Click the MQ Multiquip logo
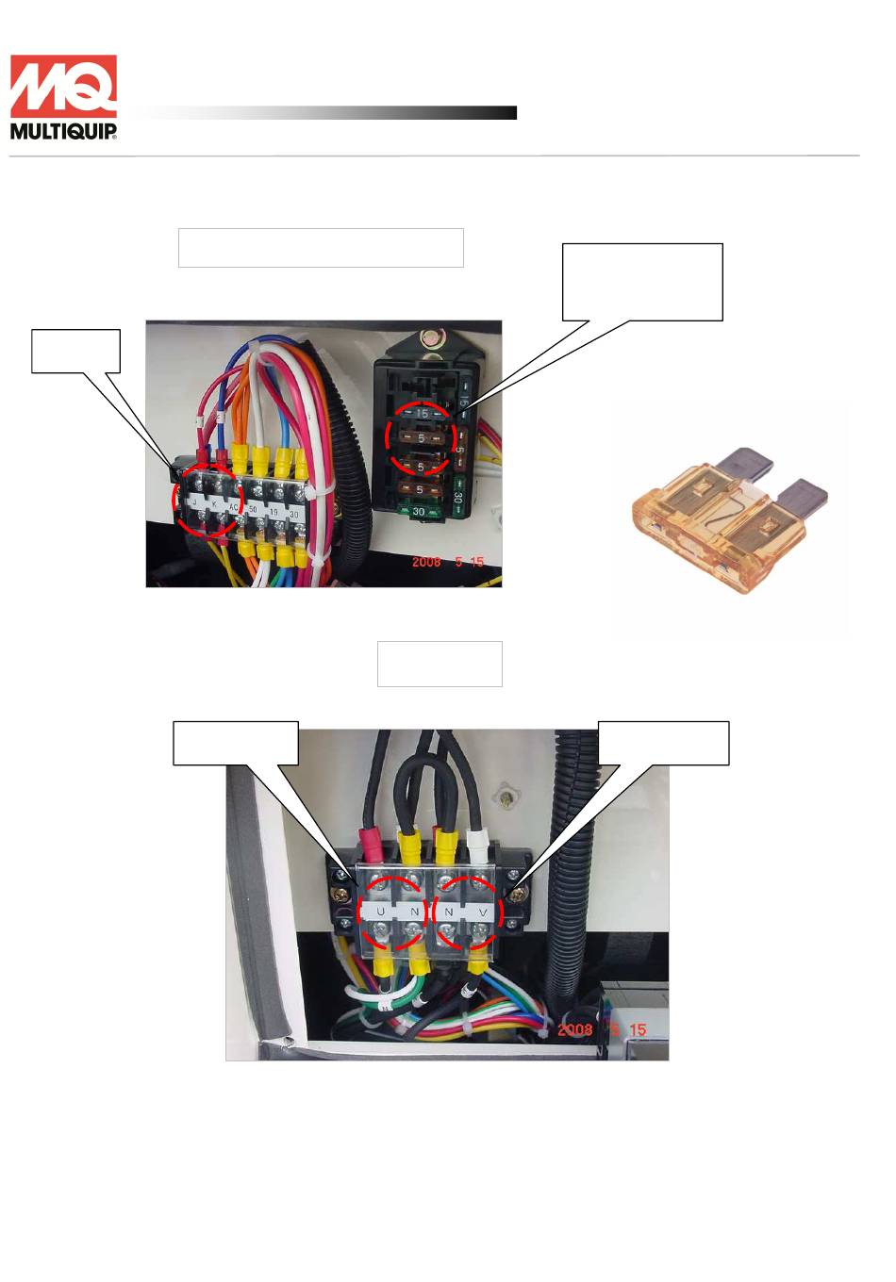tap(63, 97)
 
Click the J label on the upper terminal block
tap(195, 503)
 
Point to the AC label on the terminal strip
tap(235, 506)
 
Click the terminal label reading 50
tap(253, 509)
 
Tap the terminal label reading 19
tap(274, 512)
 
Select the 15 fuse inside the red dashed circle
tap(422, 414)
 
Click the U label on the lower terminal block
tap(381, 912)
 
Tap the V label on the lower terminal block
tap(482, 912)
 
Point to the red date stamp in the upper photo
tap(447, 562)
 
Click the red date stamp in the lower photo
tap(601, 1029)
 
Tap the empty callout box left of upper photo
tap(75, 351)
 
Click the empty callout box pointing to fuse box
tap(641, 282)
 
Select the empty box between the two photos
tap(440, 664)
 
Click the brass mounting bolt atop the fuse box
tap(433, 337)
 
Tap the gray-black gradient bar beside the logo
tap(330, 113)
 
